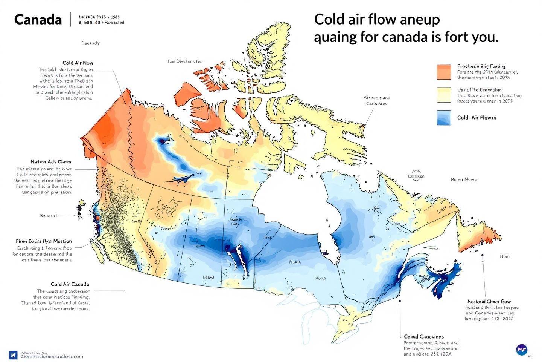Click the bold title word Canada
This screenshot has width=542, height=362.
(x=38, y=20)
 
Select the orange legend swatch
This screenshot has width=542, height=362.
(x=444, y=72)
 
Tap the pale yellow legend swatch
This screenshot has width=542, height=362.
(x=444, y=95)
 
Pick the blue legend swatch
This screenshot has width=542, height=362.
(x=444, y=118)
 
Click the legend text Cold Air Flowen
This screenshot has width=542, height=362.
(x=477, y=118)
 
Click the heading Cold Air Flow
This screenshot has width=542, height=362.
(x=78, y=63)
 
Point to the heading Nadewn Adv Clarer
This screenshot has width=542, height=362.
(x=51, y=162)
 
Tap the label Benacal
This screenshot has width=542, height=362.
(x=49, y=216)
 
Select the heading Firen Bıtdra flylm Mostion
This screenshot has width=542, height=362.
(x=44, y=241)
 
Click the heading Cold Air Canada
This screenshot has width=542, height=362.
(x=70, y=284)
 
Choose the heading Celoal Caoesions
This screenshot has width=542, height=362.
(x=424, y=336)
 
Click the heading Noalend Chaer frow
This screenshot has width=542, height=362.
(x=489, y=301)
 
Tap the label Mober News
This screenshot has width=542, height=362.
(x=464, y=179)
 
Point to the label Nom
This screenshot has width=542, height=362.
(x=505, y=256)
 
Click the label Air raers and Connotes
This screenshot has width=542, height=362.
(x=377, y=100)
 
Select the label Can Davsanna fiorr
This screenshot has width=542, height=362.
(x=185, y=61)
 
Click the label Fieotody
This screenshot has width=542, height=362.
(x=90, y=43)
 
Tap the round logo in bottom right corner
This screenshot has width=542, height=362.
(x=522, y=350)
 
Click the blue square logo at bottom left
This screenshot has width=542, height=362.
(x=13, y=355)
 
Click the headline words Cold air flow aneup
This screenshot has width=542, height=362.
(x=377, y=20)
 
